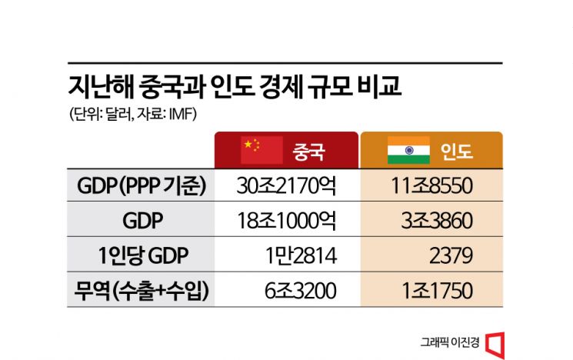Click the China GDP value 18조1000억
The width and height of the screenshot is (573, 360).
pyautogui.click(x=287, y=221)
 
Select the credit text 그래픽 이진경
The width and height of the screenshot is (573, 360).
pyautogui.click(x=450, y=342)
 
